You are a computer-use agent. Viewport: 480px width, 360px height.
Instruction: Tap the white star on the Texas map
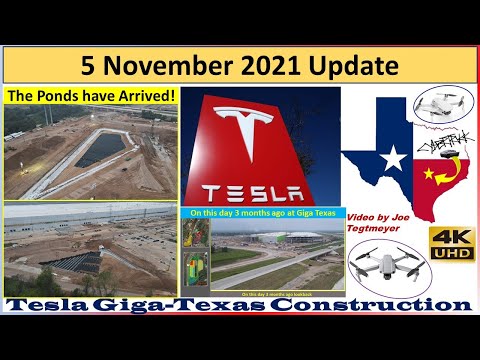click(x=394, y=158)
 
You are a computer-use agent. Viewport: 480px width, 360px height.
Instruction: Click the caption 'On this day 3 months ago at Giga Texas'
click(x=261, y=212)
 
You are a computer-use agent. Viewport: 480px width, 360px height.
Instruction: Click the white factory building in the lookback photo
click(x=300, y=244)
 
